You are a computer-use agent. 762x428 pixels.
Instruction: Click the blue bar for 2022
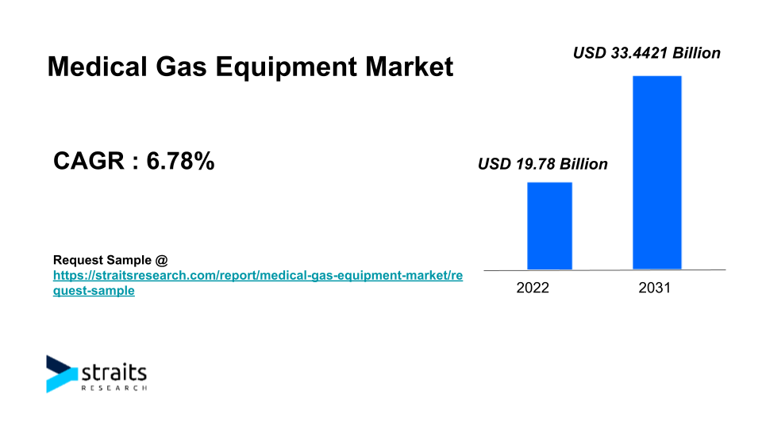549,226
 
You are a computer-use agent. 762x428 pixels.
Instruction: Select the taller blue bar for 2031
657,172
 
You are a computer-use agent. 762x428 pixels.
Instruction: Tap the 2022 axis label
533,288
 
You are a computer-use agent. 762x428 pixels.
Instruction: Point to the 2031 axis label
655,288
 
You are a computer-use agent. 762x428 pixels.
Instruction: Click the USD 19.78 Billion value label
542,164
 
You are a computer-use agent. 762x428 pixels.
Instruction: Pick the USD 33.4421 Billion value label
646,53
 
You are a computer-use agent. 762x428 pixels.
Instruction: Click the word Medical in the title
97,67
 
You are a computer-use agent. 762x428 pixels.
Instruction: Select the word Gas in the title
181,67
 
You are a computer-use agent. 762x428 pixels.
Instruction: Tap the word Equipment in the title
287,67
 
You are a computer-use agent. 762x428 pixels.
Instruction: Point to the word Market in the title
410,67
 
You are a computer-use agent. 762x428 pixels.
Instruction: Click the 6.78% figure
180,161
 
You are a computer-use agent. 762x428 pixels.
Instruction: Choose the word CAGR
89,161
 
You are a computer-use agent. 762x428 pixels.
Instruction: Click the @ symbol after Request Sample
162,261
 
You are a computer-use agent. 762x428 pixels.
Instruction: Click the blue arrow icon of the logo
61,374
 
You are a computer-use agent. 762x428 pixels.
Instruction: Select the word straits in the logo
114,373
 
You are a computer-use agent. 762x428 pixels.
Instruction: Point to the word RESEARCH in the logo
114,388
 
